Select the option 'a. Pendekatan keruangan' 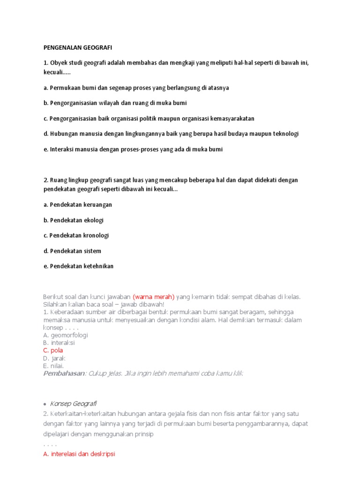[x=77, y=205]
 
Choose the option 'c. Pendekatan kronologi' [x=76, y=235]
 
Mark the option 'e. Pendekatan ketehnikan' [x=78, y=266]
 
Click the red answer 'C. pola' [x=53, y=351]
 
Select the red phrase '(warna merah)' [x=153, y=297]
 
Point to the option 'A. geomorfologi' [x=65, y=335]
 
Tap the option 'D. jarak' [x=54, y=358]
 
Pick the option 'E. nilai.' [x=53, y=366]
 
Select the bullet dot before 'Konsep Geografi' [x=45, y=404]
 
